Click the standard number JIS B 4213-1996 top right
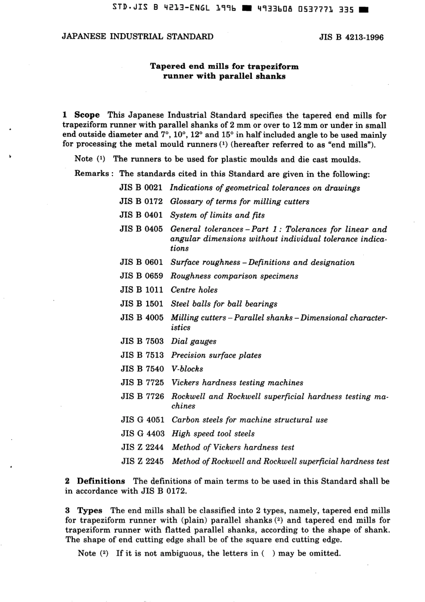click(x=351, y=38)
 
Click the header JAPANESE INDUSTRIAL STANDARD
click(x=137, y=37)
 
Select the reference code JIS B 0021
click(x=141, y=188)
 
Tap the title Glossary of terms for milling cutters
click(x=239, y=201)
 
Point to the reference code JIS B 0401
click(x=141, y=215)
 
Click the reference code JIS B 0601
click(x=141, y=262)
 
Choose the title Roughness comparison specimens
click(x=234, y=276)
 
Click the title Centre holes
click(x=194, y=290)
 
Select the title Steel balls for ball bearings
click(x=224, y=304)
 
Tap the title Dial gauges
click(x=194, y=342)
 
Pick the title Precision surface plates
click(x=216, y=355)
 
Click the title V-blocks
click(x=187, y=369)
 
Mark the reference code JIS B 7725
click(x=142, y=383)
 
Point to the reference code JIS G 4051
click(x=143, y=420)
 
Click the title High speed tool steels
click(x=213, y=434)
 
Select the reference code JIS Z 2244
click(x=143, y=447)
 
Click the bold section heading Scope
click(x=87, y=115)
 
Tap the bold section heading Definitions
click(x=101, y=481)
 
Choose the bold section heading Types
click(x=89, y=511)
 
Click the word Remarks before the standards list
click(x=91, y=174)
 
